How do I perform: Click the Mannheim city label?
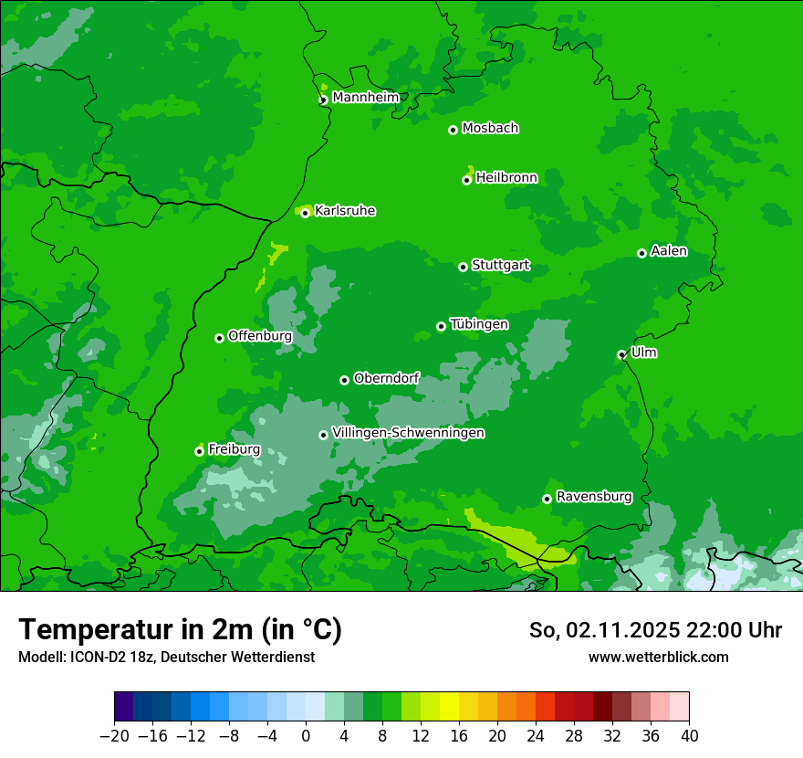point(365,98)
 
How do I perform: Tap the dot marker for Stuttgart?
point(463,267)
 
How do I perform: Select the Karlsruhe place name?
point(345,211)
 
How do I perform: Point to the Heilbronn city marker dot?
point(466,180)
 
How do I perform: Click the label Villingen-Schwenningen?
point(408,433)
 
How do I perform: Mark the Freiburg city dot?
point(199,451)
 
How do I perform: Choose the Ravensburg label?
point(594,497)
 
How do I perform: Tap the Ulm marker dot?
point(621,354)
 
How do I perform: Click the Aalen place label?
point(669,251)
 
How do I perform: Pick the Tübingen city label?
point(479,324)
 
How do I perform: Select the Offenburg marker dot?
point(219,338)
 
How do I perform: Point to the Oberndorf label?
point(387,378)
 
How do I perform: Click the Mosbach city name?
point(490,128)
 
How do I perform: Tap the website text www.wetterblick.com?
point(658,657)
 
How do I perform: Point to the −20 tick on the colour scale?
point(114,736)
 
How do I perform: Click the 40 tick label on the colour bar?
point(689,736)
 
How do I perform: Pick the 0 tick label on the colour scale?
point(306,736)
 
